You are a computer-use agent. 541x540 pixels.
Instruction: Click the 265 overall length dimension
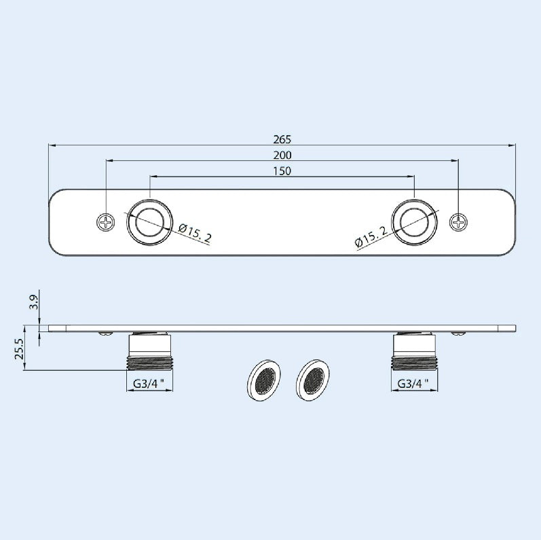(x=282, y=139)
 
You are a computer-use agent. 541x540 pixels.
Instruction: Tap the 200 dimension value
(x=282, y=156)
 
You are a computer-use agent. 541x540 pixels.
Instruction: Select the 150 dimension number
(x=282, y=171)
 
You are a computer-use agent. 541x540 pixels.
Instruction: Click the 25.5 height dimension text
(x=19, y=348)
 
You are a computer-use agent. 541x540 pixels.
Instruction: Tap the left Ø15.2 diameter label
(x=195, y=232)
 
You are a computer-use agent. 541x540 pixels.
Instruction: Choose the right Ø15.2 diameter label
(x=371, y=236)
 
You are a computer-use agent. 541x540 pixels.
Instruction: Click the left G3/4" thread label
(x=149, y=384)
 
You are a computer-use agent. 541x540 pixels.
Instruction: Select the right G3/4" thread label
(x=413, y=384)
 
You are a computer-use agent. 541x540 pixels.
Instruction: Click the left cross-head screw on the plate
(x=106, y=222)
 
